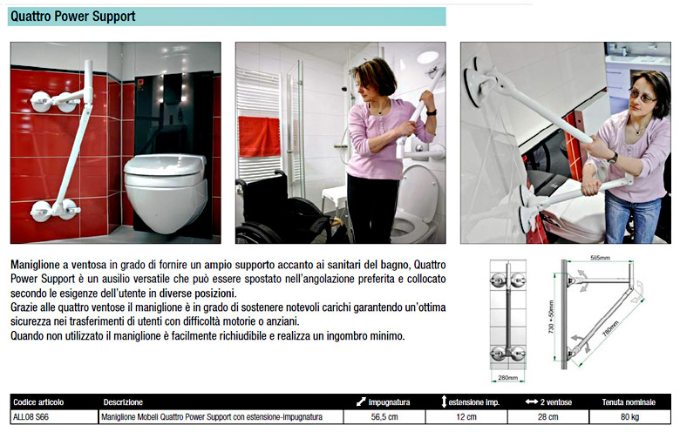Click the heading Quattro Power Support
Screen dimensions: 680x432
coord(73,17)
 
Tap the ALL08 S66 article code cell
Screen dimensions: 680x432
coord(31,417)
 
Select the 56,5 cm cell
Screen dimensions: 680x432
coord(384,417)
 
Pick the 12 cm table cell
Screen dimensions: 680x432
coord(466,417)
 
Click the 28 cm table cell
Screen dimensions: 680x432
coord(547,417)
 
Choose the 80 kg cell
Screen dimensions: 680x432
coord(629,417)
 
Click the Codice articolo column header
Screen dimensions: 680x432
coord(38,402)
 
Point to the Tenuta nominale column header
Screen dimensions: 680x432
coord(629,402)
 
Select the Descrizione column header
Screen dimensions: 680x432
coord(123,402)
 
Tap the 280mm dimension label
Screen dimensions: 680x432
coord(508,378)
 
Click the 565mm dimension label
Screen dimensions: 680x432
coord(600,258)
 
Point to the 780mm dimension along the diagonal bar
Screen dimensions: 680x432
coord(610,328)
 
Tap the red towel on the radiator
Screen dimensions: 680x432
coord(259,137)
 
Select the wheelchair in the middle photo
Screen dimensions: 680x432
coord(286,210)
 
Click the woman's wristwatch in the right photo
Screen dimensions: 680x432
coord(613,158)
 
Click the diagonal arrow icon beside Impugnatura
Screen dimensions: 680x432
coord(361,402)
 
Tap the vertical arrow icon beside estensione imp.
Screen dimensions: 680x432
coord(444,402)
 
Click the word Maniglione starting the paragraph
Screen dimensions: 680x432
coord(36,265)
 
